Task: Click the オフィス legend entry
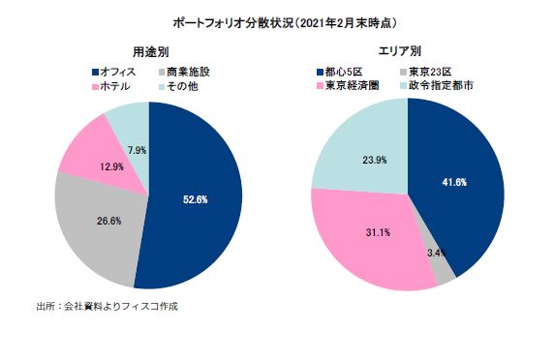point(113,72)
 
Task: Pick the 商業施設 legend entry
point(181,72)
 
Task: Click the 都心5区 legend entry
point(346,72)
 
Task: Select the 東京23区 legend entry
point(425,72)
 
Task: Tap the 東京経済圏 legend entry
point(351,86)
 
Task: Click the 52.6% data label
point(195,199)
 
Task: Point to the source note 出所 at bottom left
point(107,307)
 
